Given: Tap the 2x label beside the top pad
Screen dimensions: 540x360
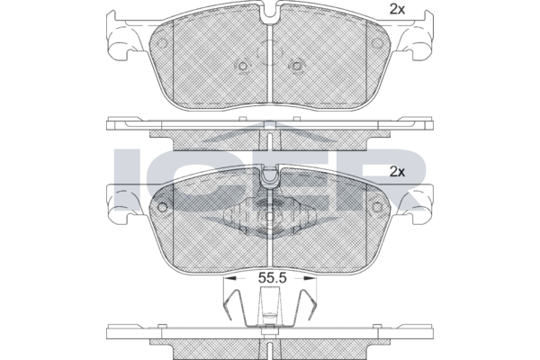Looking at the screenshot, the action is pos(397,10).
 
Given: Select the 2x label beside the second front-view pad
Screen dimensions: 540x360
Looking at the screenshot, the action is pos(397,172).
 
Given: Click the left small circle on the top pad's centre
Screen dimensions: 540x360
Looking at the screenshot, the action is pos(243,66).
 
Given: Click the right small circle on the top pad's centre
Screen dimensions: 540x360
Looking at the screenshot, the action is pos(296,66).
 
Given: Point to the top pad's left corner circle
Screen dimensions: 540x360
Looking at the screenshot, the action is pos(162,43).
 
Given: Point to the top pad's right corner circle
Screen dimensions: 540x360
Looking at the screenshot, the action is pos(377,43).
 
